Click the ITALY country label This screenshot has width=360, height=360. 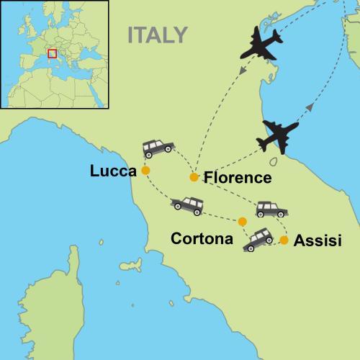pyautogui.click(x=157, y=35)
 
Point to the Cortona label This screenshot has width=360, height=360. pyautogui.click(x=202, y=238)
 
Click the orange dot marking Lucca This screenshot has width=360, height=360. pyautogui.click(x=145, y=171)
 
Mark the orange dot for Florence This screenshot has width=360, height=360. pyautogui.click(x=194, y=177)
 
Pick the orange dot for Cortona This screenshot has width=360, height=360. pyautogui.click(x=242, y=222)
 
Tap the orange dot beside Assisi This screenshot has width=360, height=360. pyautogui.click(x=284, y=240)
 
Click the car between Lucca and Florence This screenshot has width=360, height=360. pyautogui.click(x=158, y=148)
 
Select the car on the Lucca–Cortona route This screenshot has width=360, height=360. pyautogui.click(x=187, y=206)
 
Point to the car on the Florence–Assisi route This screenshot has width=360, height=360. pyautogui.click(x=271, y=210)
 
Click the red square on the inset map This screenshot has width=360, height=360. pyautogui.click(x=52, y=53)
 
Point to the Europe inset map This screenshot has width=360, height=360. pyautogui.click(x=54, y=54)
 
